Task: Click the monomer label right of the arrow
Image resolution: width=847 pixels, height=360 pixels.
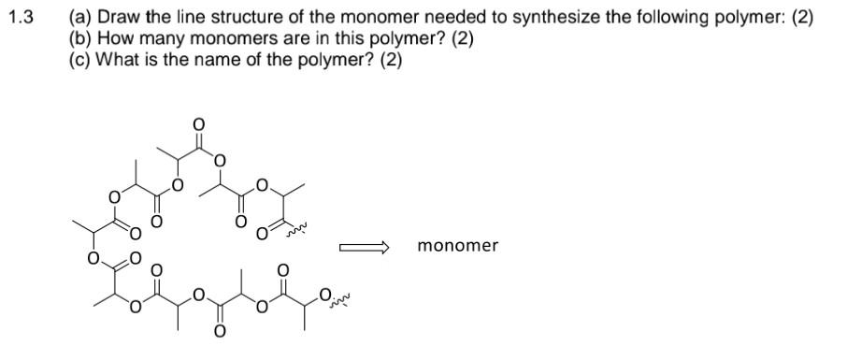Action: coord(458,246)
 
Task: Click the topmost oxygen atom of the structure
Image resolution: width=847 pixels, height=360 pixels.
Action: coord(197,123)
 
